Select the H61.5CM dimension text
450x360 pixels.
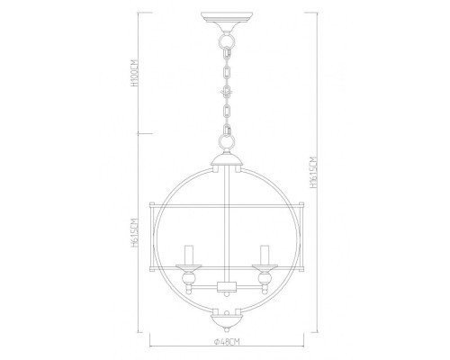(x=133, y=236)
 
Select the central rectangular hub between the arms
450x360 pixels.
(x=225, y=287)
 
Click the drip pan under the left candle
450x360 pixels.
(x=189, y=266)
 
